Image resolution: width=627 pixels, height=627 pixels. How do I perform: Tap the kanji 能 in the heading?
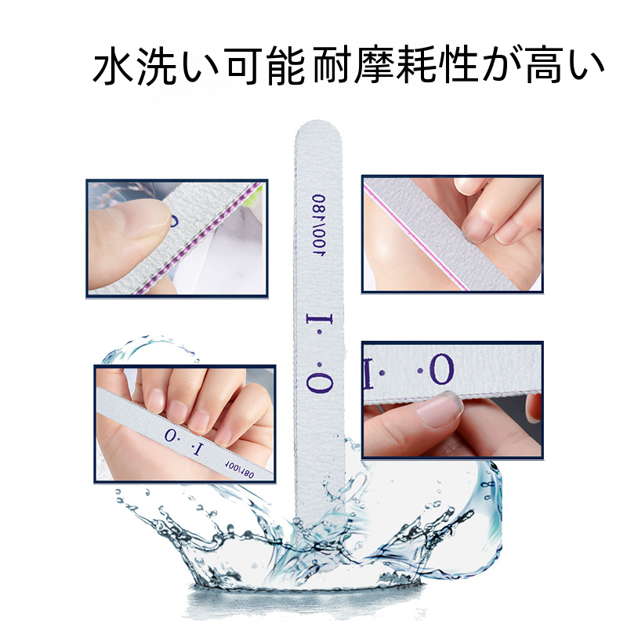286,66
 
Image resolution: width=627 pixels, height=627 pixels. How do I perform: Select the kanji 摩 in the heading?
375,66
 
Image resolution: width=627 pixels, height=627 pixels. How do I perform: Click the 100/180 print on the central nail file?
319,226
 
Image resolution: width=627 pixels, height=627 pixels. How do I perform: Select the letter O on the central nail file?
320,382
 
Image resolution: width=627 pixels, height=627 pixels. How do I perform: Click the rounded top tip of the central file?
317,121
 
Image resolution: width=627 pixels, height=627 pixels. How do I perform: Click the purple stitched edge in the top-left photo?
200,238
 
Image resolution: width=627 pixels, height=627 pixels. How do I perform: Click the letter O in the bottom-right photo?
442,370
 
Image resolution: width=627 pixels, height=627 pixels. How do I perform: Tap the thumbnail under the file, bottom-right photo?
440,409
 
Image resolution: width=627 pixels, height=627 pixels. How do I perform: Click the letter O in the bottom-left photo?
171,435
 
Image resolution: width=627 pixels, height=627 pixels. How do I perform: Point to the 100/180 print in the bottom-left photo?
239,469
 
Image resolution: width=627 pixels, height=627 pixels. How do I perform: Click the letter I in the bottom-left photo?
197,449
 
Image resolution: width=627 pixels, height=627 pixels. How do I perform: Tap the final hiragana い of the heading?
586,66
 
